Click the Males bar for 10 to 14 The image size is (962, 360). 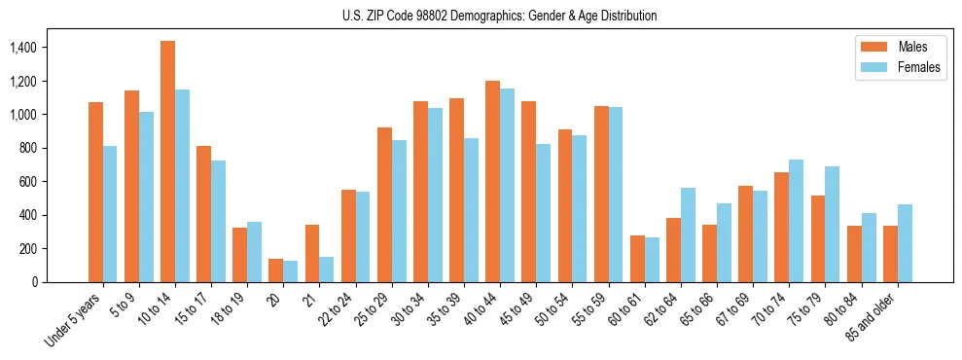point(167,162)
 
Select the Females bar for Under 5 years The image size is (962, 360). point(110,214)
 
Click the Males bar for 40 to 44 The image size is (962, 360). point(492,181)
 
